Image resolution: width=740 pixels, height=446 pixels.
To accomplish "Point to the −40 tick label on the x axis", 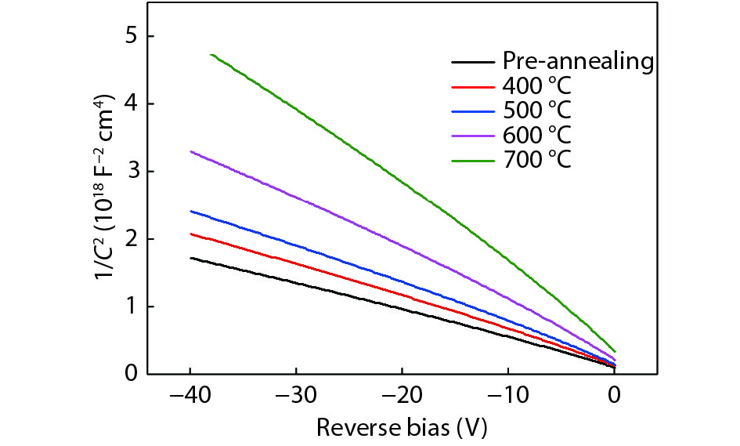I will pyautogui.click(x=190, y=396).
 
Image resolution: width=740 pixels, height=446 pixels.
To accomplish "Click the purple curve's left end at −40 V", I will pyautogui.click(x=191, y=151).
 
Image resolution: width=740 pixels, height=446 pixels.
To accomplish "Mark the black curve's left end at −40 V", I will pyautogui.click(x=191, y=258).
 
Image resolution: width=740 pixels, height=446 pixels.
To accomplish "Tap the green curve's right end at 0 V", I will pyautogui.click(x=615, y=352).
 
